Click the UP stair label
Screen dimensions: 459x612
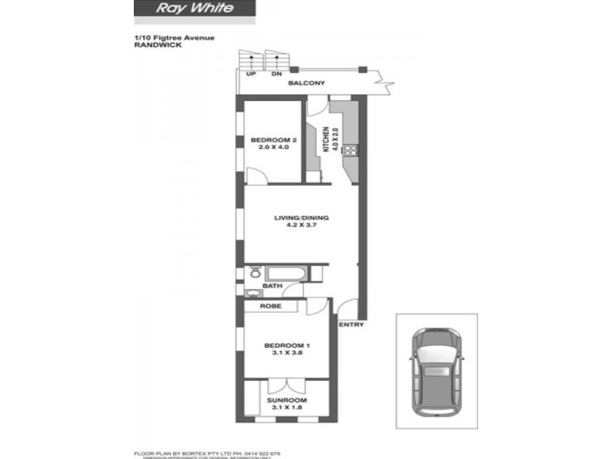[x=250, y=74]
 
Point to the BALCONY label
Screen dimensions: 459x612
[x=307, y=83]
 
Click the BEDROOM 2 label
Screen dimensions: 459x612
[x=273, y=140]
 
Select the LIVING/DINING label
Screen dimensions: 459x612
[x=301, y=217]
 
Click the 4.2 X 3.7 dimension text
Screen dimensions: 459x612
[x=301, y=226]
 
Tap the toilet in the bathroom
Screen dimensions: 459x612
[x=254, y=272]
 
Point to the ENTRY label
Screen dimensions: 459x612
[x=353, y=325]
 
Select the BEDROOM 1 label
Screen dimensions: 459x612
[x=285, y=344]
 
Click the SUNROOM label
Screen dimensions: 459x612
[x=286, y=400]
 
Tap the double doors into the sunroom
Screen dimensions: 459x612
[x=286, y=385]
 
